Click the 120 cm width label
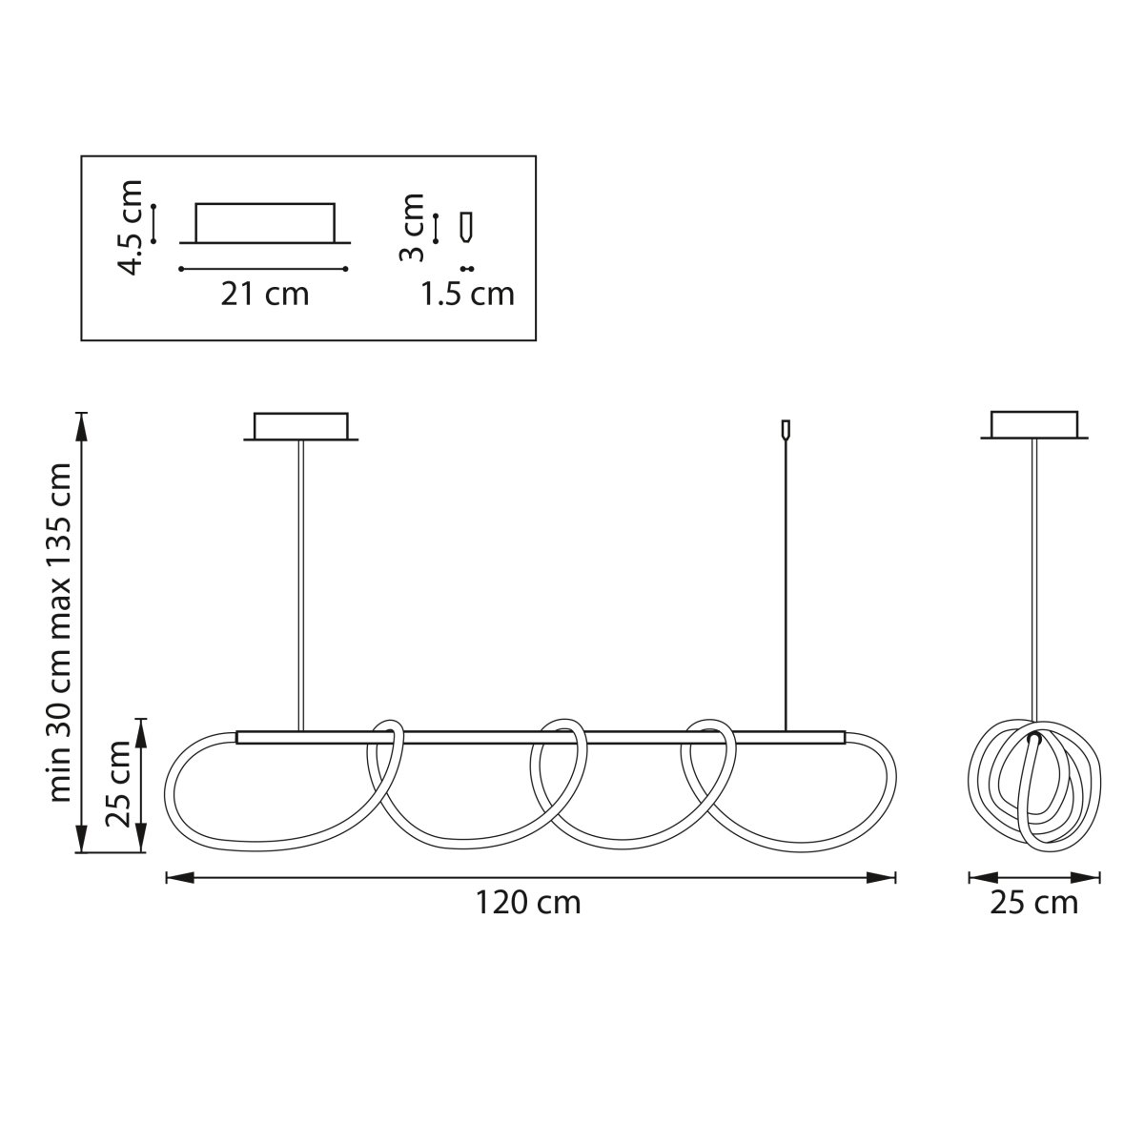528,903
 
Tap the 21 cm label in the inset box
265,294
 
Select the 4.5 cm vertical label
131,228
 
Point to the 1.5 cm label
467,294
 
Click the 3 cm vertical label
412,228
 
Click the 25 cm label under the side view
1033,903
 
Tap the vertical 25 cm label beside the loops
117,784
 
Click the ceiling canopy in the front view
301,427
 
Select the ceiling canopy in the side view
1034,425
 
